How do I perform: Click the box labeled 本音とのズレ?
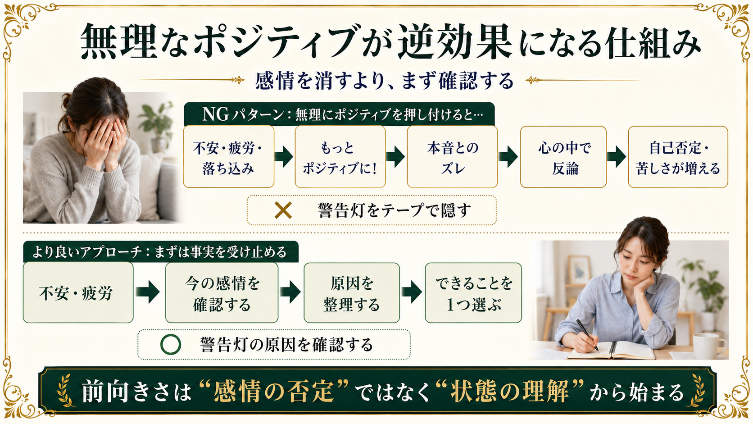pos(452,157)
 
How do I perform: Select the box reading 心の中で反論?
pos(563,157)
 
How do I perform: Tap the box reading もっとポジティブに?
pos(340,157)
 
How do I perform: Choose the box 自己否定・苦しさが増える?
pos(678,157)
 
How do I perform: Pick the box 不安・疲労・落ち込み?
pos(229,157)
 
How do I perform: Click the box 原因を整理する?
pos(352,293)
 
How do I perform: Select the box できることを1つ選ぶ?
pos(473,293)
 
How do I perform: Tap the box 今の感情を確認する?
pos(222,293)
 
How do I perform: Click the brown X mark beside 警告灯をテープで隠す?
pos(283,210)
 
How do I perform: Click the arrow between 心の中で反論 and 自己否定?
pos(617,157)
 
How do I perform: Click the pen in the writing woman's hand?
pos(587,335)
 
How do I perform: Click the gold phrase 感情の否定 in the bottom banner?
pos(274,391)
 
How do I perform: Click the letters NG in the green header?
pos(216,114)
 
